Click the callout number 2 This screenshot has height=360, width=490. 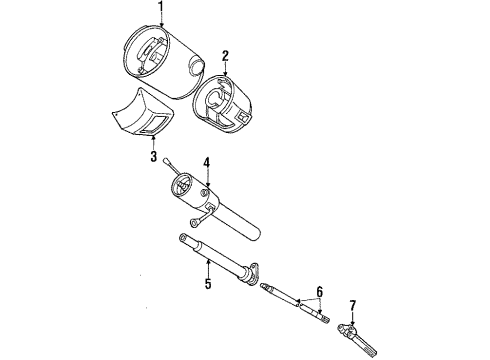click(226, 56)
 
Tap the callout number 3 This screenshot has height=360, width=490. click(153, 157)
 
